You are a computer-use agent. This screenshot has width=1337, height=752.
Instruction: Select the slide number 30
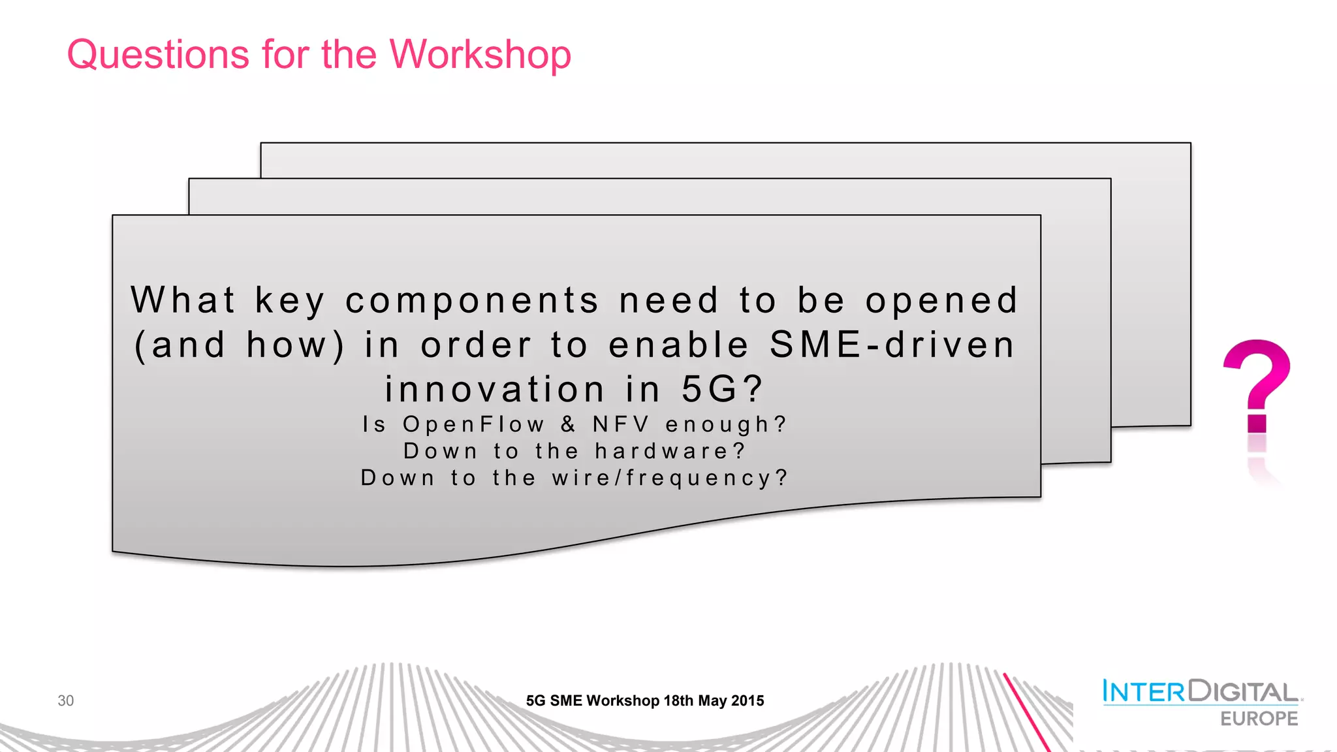click(x=65, y=700)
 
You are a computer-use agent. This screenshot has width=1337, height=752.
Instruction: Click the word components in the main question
click(x=471, y=301)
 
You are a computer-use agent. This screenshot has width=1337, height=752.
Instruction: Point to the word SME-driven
click(x=892, y=345)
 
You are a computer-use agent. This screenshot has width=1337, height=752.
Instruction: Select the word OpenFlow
click(x=473, y=424)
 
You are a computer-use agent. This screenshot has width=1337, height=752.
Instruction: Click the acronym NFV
click(x=621, y=424)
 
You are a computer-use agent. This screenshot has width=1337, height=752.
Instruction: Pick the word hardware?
click(x=670, y=451)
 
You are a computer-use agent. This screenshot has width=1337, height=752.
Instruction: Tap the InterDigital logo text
click(x=1200, y=691)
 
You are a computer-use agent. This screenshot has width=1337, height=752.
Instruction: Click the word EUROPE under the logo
click(x=1259, y=719)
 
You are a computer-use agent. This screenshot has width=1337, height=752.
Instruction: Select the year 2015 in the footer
click(x=747, y=701)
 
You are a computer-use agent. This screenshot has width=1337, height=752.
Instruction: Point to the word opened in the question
click(x=941, y=301)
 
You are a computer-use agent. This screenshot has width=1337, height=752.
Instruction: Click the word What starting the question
click(x=183, y=300)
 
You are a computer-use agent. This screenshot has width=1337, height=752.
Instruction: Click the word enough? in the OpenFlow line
click(x=726, y=424)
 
